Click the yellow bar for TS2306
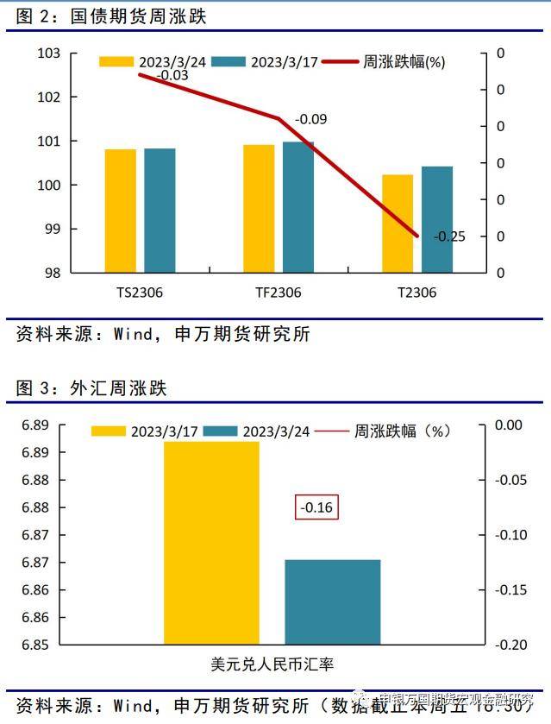tap(121, 211)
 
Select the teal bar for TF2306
tap(298, 207)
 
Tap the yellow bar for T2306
tap(398, 223)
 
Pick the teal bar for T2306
tap(437, 219)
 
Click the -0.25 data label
tap(448, 236)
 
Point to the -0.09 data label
tap(311, 119)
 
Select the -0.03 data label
tap(150, 75)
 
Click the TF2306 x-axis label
tap(278, 293)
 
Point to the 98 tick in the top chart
tap(53, 273)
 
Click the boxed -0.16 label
tap(316, 507)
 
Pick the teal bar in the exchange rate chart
tap(332, 601)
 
